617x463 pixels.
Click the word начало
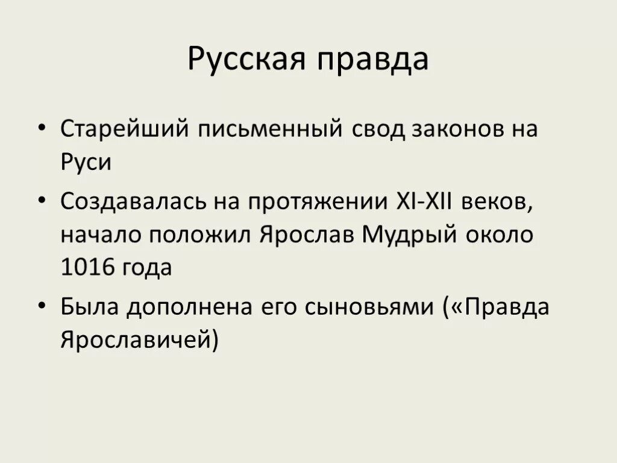[x=96, y=235]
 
